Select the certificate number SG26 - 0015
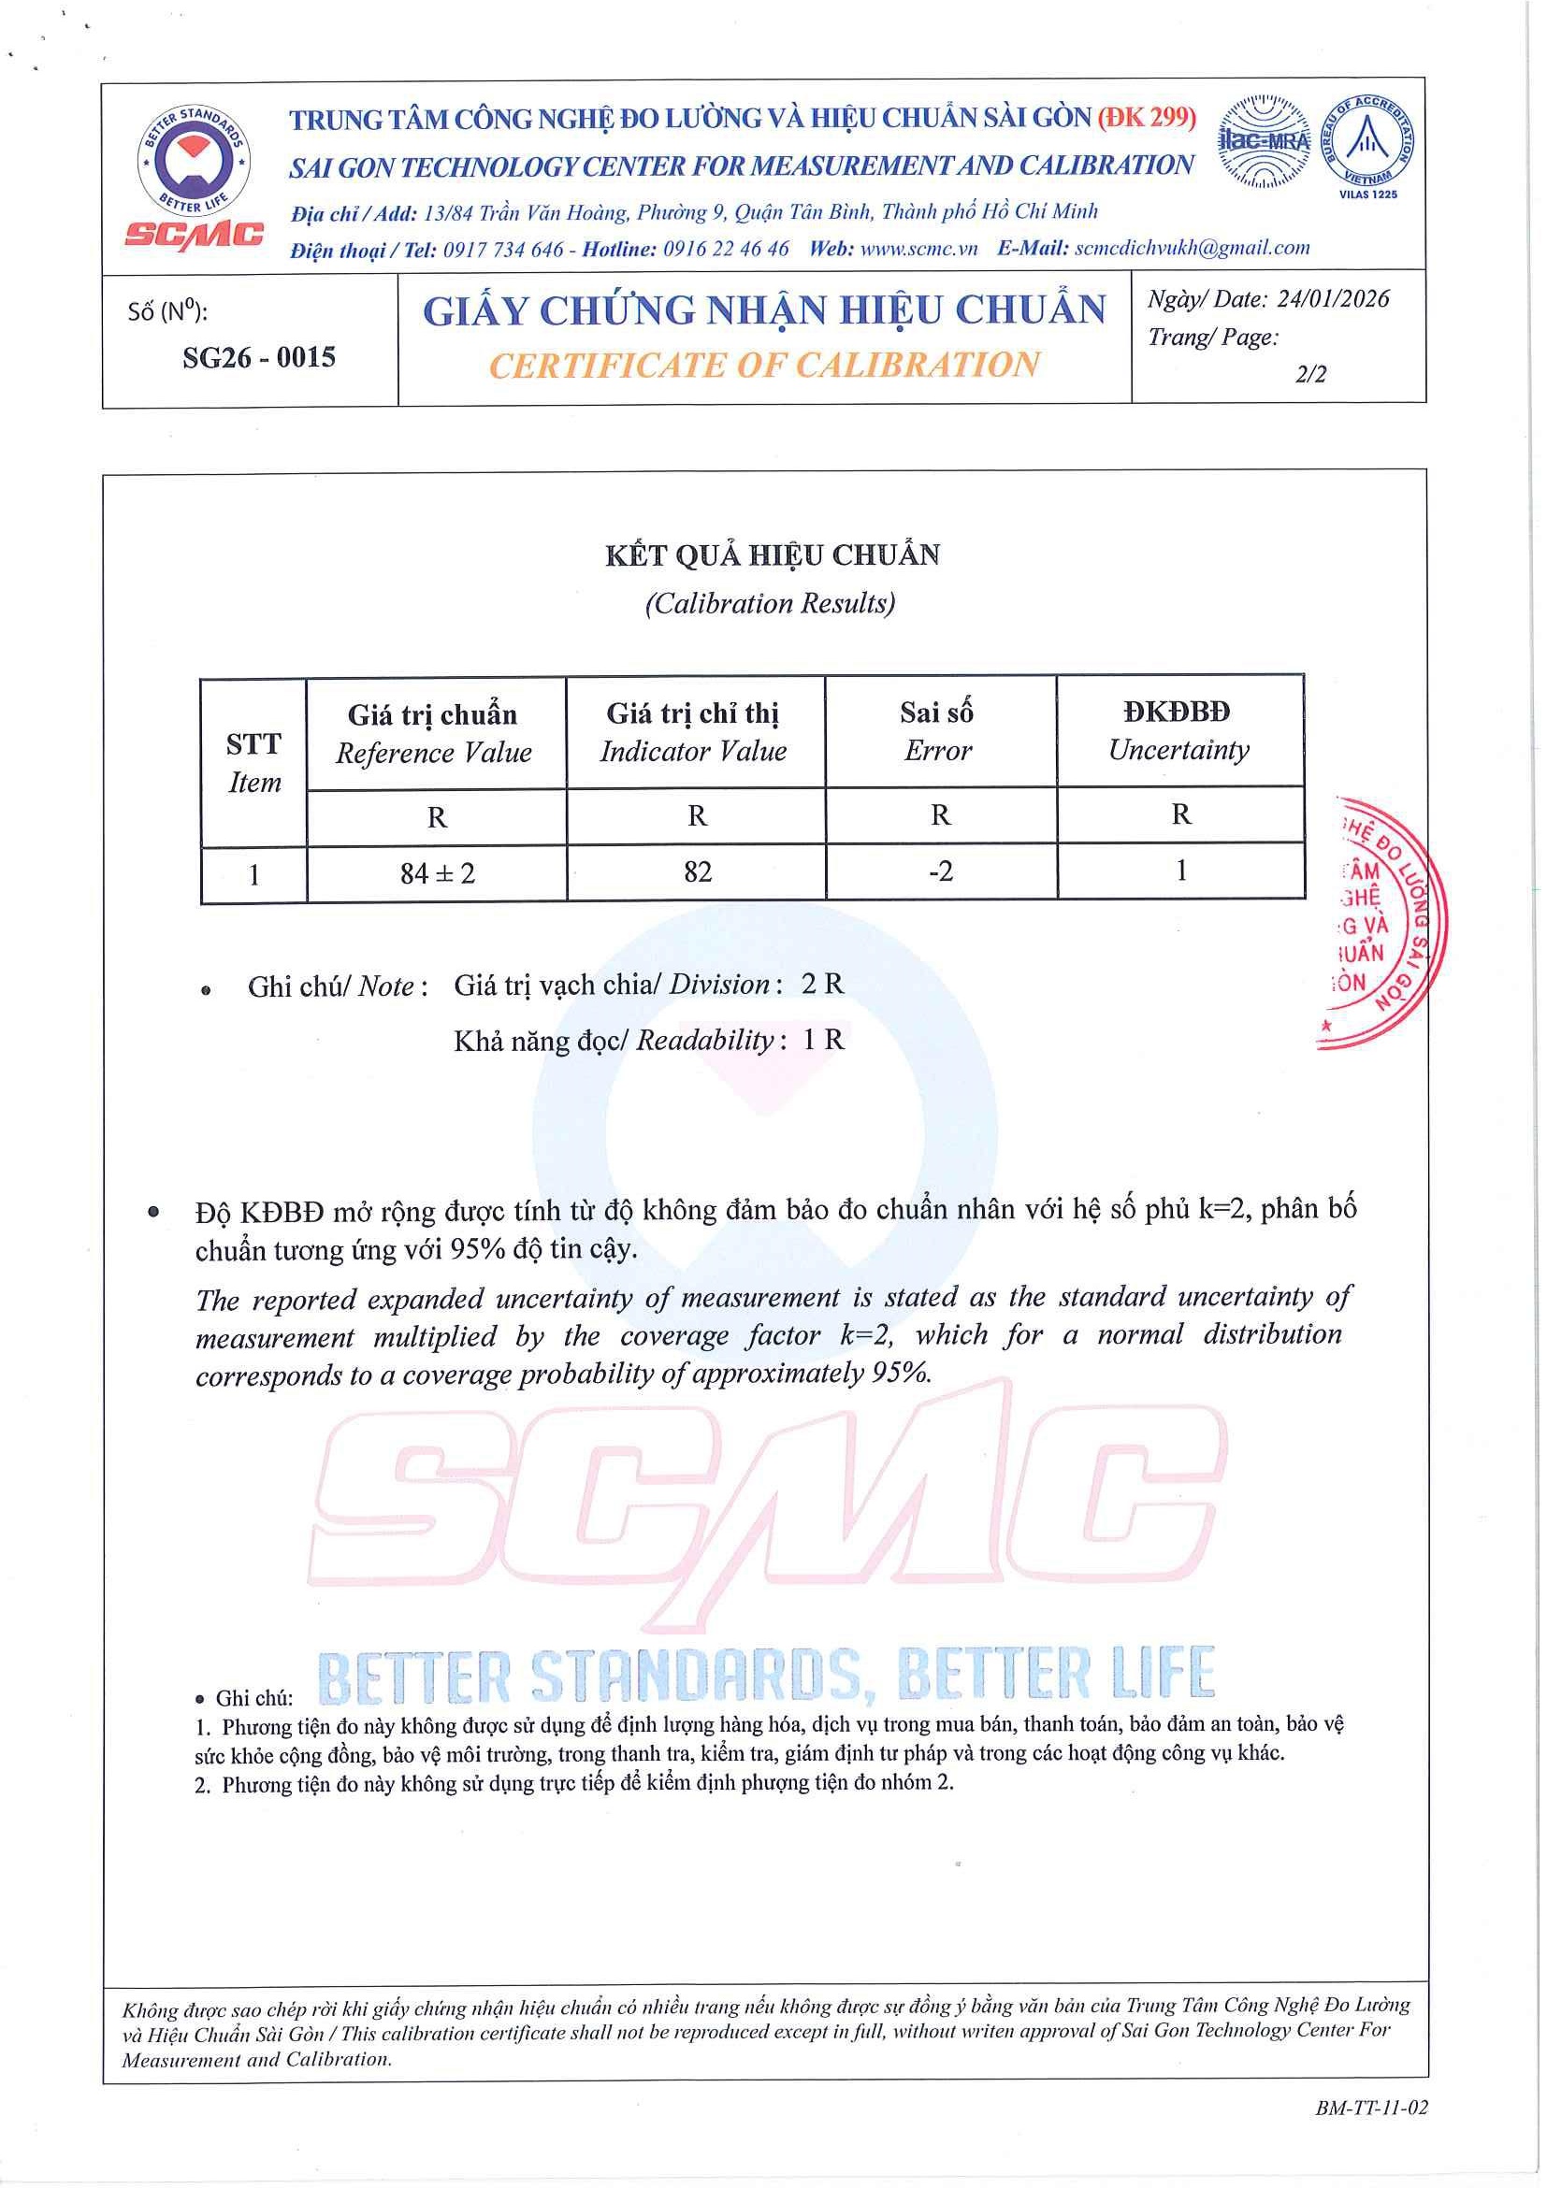coord(258,357)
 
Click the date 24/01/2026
coord(1333,299)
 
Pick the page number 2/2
coord(1309,374)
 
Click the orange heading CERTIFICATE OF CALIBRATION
coord(763,365)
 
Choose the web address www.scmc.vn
coord(918,248)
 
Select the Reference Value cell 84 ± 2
coord(437,873)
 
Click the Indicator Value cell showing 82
coord(697,872)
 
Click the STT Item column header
coord(253,762)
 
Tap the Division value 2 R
coord(821,984)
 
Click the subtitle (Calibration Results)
coord(770,603)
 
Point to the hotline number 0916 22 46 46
coord(726,248)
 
